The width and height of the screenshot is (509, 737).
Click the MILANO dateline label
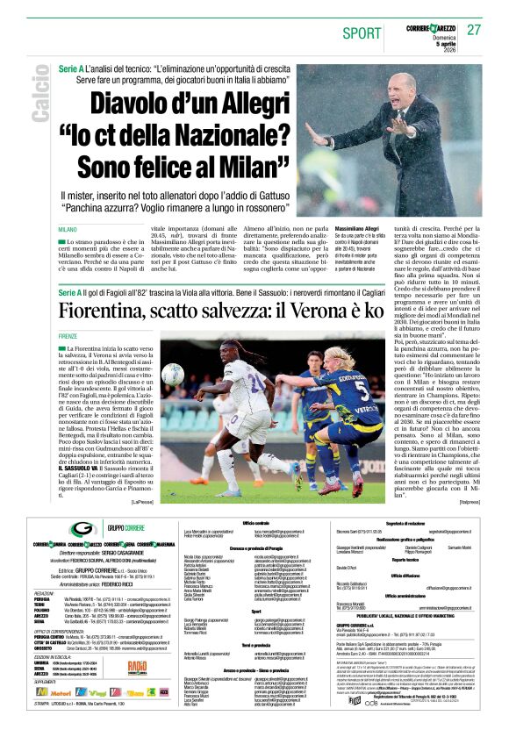pos(68,229)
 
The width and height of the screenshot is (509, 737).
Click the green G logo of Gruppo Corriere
pos(84,529)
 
